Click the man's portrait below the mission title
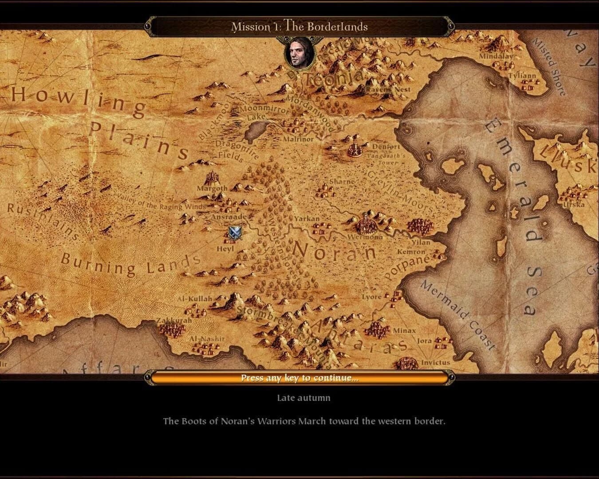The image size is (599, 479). (x=299, y=53)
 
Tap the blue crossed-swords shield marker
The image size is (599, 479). (x=235, y=232)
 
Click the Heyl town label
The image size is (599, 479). (x=225, y=249)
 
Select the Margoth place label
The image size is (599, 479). (x=212, y=188)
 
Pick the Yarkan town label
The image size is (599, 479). (x=307, y=218)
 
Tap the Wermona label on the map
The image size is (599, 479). (x=365, y=237)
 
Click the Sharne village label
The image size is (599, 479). (x=342, y=181)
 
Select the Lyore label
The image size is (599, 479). (x=371, y=297)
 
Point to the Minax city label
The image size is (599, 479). (x=404, y=330)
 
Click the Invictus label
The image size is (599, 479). (x=435, y=362)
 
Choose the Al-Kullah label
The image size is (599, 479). (x=195, y=299)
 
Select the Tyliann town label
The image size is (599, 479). (x=522, y=75)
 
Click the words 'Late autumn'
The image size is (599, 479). (x=303, y=398)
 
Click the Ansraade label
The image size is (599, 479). (x=229, y=217)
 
